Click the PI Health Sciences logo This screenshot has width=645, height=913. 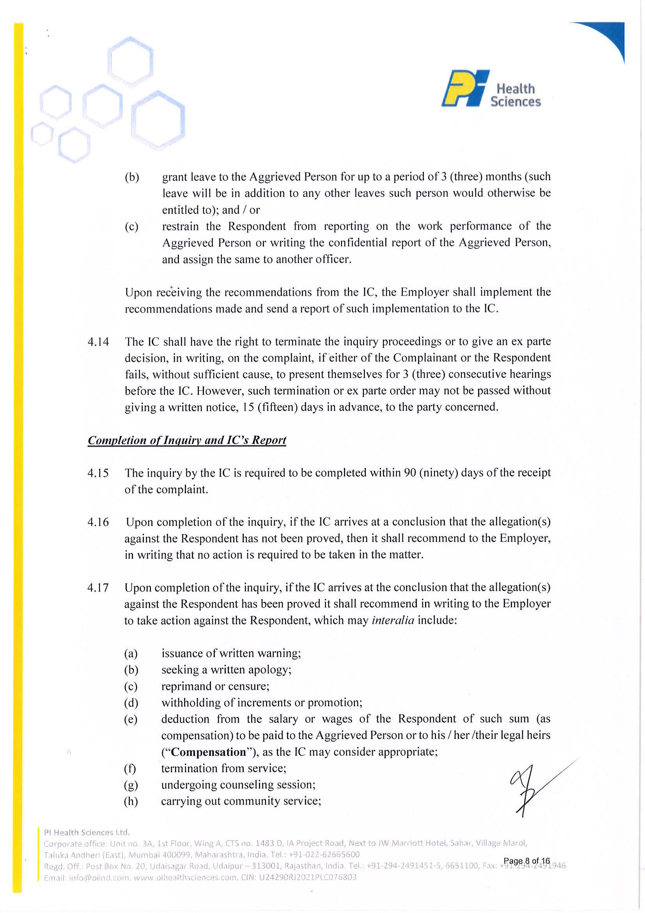[491, 89]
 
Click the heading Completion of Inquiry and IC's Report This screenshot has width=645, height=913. [187, 440]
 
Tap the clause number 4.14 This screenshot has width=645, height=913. [98, 342]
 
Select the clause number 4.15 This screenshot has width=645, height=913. [98, 473]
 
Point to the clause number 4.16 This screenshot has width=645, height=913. [98, 522]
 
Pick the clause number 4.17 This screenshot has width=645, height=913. [98, 588]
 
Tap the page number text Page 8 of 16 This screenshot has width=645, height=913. [526, 860]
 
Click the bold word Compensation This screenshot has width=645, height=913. [209, 752]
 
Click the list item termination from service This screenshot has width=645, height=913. [223, 768]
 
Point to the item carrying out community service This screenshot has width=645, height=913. [241, 801]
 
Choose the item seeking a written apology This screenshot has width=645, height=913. [226, 670]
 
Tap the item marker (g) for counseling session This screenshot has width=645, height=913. [131, 785]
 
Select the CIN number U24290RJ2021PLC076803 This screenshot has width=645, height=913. [307, 877]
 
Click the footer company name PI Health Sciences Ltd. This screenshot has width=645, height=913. [87, 832]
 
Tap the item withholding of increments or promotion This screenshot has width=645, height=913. [262, 703]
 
